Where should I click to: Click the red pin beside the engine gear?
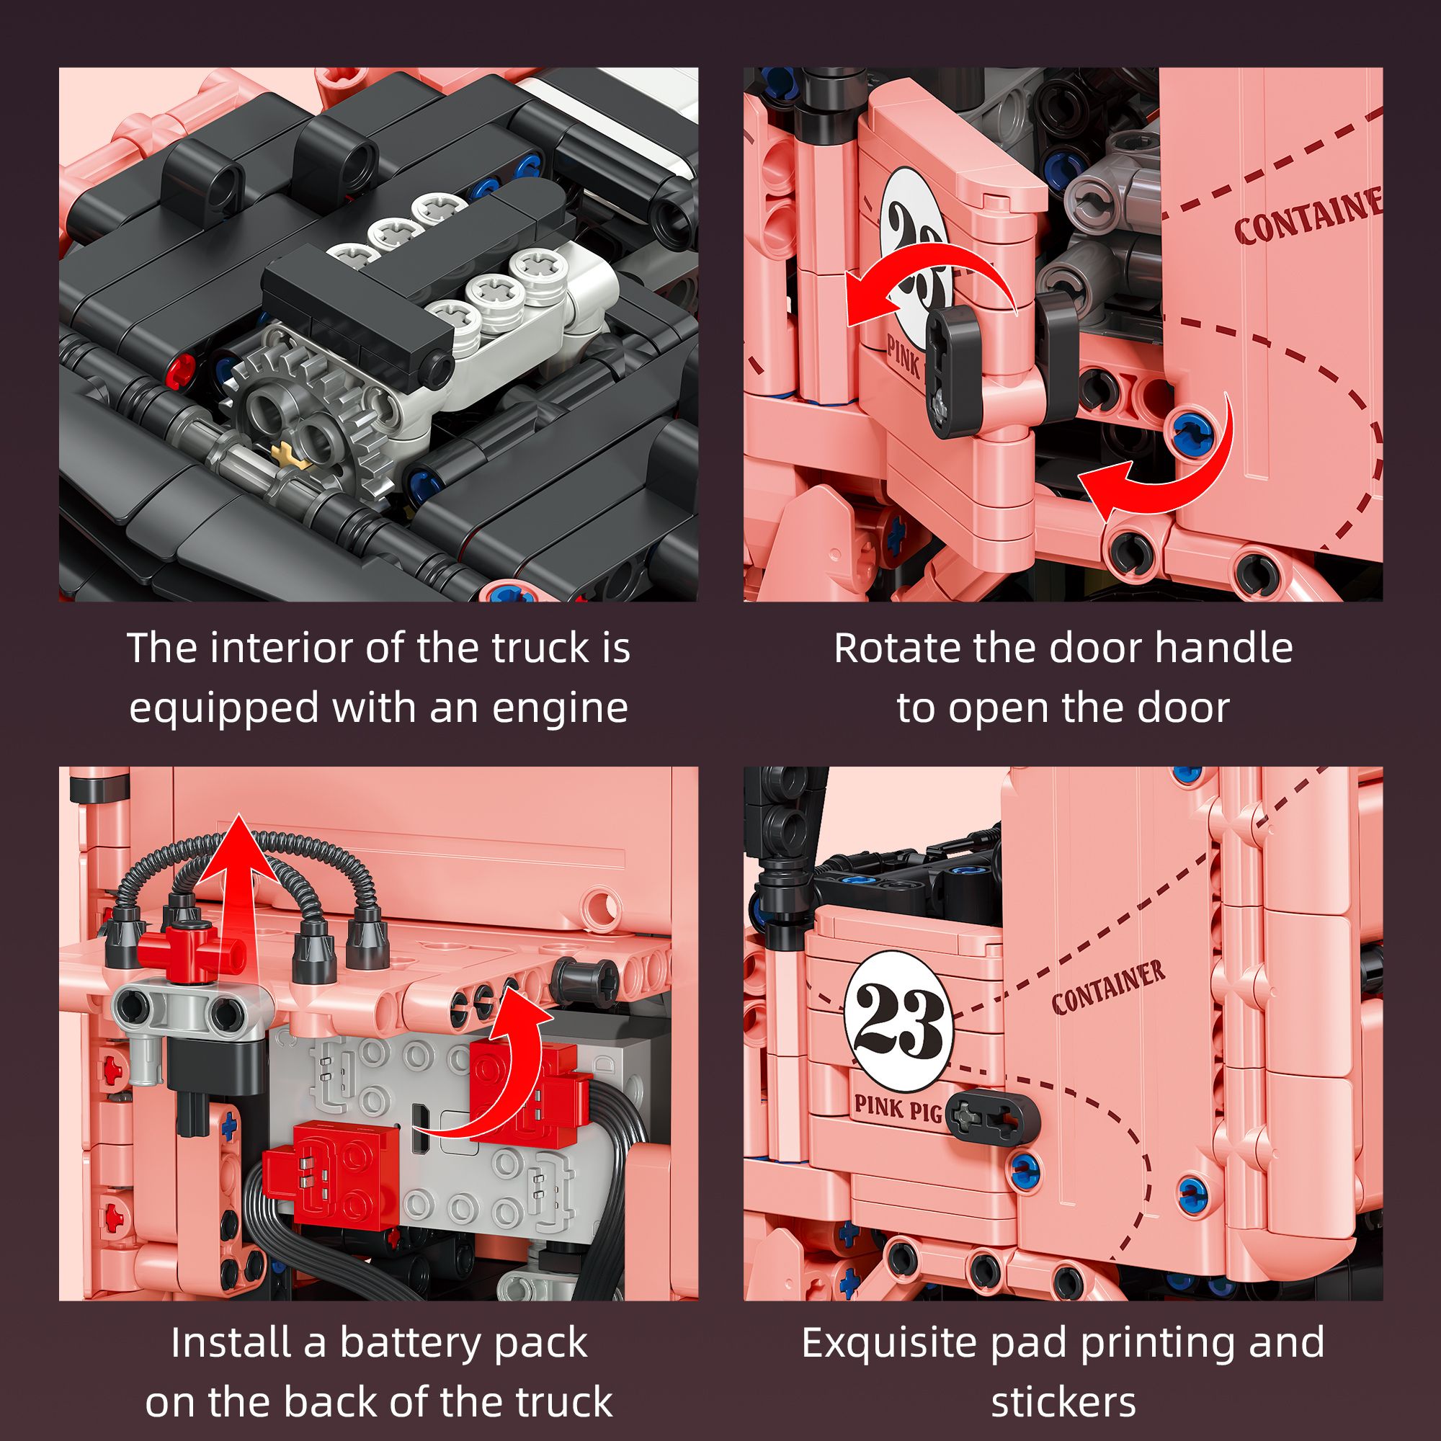tap(181, 370)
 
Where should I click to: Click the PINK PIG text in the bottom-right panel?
tap(897, 1109)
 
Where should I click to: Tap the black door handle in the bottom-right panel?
tap(992, 1117)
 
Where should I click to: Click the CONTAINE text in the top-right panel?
tap(1307, 218)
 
